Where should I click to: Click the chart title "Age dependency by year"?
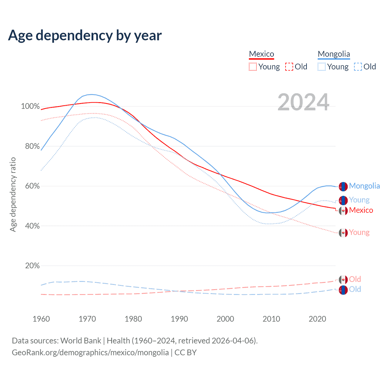[85, 35]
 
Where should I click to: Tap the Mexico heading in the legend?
[261, 54]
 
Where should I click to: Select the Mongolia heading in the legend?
[334, 54]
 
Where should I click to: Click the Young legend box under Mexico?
[253, 67]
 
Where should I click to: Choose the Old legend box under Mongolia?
[358, 67]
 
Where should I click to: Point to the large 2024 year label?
[303, 102]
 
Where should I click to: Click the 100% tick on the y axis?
[30, 106]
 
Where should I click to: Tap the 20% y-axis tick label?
[32, 266]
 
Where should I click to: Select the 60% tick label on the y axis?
[32, 186]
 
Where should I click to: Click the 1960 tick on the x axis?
[41, 319]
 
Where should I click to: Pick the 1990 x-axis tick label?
[179, 319]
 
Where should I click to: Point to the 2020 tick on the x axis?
[317, 319]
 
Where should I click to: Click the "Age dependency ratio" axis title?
[13, 194]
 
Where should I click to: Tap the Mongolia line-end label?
[364, 186]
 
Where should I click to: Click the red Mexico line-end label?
[361, 210]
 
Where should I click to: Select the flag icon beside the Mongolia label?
[343, 187]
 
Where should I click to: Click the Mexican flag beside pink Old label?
[343, 279]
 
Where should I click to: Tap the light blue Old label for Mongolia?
[355, 289]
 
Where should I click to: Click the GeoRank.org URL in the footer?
[90, 353]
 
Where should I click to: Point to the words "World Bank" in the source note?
[81, 341]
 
